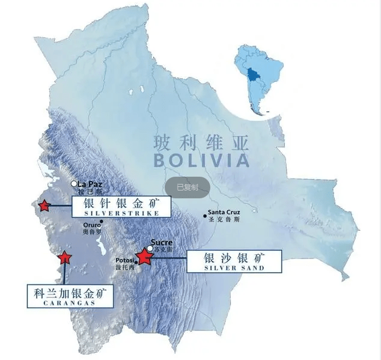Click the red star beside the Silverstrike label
pos(43,206)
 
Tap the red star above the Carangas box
pos(64,258)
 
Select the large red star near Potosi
pos(144,257)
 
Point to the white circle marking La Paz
pos(74,183)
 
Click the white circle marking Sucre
pos(150,248)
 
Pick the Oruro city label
pos(92,226)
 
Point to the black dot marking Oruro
pos(101,221)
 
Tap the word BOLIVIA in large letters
pos(201,160)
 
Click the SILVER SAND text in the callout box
pos(234,268)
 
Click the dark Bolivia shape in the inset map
pos(253,76)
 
